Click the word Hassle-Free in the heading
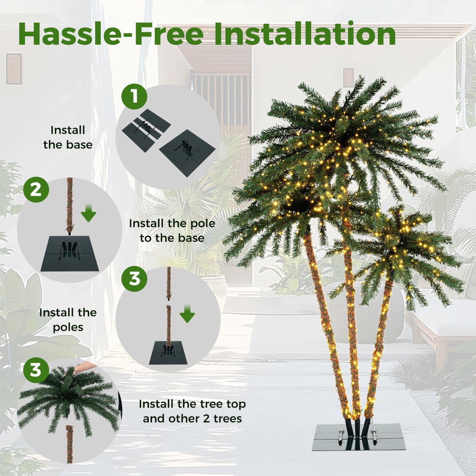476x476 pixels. click(111, 34)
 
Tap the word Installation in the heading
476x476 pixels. click(305, 34)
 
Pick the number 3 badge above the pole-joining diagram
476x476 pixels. click(134, 279)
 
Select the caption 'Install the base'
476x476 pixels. click(68, 137)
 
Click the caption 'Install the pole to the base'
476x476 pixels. click(172, 231)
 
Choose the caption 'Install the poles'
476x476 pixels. click(68, 320)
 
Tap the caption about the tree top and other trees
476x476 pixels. click(192, 411)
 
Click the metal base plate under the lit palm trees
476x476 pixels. click(358, 438)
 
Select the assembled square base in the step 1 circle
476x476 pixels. click(187, 152)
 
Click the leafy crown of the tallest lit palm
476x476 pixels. click(346, 132)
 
